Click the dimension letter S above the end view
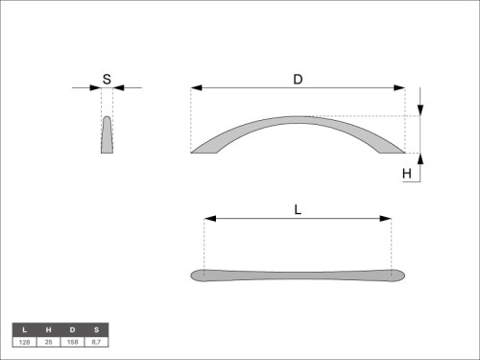tap(107, 79)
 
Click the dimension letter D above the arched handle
tap(298, 79)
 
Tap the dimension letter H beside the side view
tap(407, 174)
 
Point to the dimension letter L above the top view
tap(298, 210)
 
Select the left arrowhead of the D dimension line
tap(196, 87)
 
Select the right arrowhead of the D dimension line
tap(399, 87)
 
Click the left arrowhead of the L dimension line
tap(210, 219)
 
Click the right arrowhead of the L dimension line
tap(386, 219)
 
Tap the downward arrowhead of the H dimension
tap(420, 110)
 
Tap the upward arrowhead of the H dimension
tap(420, 159)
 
